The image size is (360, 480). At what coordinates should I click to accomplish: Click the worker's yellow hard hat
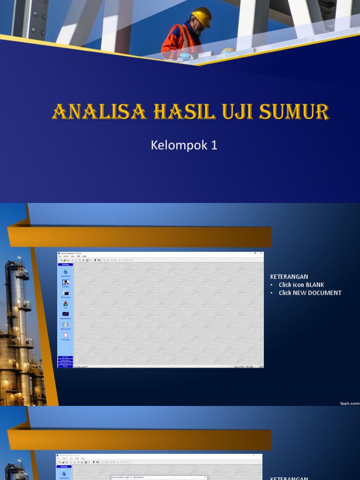click(202, 16)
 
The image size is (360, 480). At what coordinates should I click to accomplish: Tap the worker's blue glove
click(186, 56)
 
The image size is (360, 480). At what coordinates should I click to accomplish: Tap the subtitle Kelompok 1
click(184, 145)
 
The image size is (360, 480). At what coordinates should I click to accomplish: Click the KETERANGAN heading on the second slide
click(289, 277)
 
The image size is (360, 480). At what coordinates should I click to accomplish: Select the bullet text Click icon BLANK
click(301, 285)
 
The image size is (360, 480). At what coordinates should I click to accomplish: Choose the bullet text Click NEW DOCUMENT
click(310, 292)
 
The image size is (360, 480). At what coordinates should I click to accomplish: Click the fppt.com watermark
click(349, 403)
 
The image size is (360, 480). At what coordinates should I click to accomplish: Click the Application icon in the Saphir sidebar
click(65, 272)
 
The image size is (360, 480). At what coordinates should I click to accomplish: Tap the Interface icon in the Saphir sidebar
click(65, 283)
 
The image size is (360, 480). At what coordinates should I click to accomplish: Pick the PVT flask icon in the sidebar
click(65, 304)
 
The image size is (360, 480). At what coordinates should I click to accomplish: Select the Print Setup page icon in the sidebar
click(65, 335)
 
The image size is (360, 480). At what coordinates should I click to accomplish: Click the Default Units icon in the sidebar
click(65, 324)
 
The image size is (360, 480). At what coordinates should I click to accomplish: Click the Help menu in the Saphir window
click(84, 256)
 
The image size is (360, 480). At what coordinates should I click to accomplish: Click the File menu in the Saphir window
click(60, 256)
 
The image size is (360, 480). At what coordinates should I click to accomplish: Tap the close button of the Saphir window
click(261, 253)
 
